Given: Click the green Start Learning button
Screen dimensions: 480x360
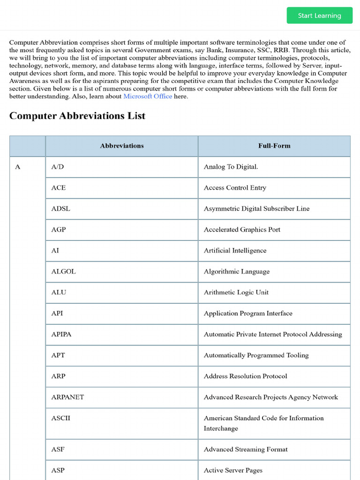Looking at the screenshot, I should (x=319, y=15).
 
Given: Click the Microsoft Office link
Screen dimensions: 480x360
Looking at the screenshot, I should (x=148, y=96).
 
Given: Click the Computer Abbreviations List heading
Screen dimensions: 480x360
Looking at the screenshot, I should (x=77, y=116).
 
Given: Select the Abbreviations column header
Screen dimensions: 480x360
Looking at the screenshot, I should (x=122, y=146).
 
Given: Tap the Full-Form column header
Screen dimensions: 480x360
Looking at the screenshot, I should (x=274, y=146).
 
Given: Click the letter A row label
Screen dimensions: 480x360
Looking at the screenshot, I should (x=18, y=167).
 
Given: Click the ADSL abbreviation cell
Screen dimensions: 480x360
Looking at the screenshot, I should (x=61, y=209).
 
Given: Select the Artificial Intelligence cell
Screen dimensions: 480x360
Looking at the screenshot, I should (x=235, y=251).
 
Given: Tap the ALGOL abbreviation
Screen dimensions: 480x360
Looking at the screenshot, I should (x=63, y=271).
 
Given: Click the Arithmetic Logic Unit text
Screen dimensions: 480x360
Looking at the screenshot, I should (x=236, y=292).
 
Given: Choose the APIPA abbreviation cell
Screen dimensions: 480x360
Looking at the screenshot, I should (x=61, y=334).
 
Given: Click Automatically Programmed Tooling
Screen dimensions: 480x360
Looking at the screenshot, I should (x=256, y=355).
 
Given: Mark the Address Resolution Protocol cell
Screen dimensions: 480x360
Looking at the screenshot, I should (x=245, y=376).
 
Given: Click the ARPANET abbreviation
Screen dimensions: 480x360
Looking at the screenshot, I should (x=67, y=397).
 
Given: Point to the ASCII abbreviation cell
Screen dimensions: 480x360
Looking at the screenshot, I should (x=60, y=418).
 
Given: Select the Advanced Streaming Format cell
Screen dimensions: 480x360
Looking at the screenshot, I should (x=246, y=450).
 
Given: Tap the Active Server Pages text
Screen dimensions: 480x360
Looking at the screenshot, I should (x=233, y=470).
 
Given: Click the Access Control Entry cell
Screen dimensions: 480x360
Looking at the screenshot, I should (x=235, y=188).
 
